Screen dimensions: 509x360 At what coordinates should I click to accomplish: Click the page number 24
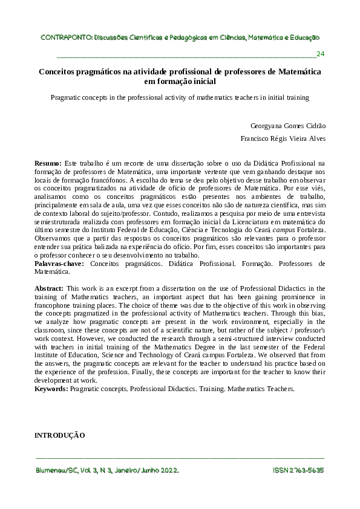click(321, 54)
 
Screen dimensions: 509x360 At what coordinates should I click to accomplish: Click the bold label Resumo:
click(48, 163)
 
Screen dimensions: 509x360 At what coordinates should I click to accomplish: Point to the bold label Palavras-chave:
click(59, 264)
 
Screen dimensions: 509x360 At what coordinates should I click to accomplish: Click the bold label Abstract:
click(49, 289)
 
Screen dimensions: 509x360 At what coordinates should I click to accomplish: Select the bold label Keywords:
click(51, 389)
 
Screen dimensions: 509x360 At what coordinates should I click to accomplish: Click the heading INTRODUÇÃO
click(59, 435)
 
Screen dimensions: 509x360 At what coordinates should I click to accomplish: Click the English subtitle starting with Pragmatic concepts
click(180, 97)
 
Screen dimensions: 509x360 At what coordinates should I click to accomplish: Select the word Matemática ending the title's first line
click(299, 71)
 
